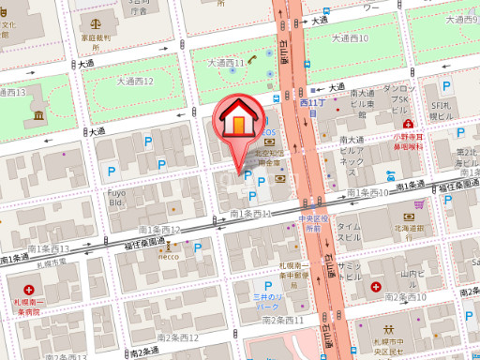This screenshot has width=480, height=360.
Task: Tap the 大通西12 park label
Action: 135,82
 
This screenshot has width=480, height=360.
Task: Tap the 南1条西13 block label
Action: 49,248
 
